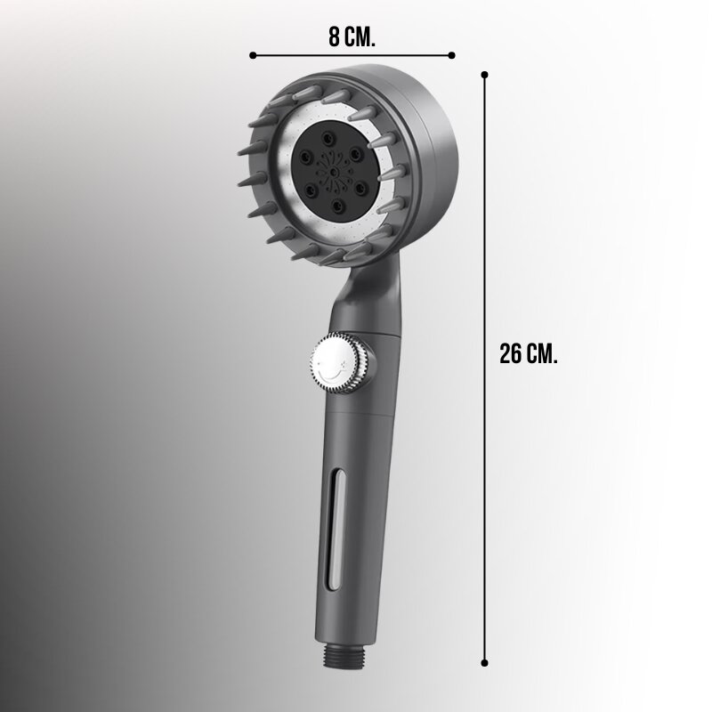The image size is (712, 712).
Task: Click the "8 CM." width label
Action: [x=352, y=36]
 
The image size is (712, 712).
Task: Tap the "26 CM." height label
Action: [x=528, y=353]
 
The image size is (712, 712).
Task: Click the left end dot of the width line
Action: [x=253, y=55]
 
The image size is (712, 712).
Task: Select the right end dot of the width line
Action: [x=451, y=55]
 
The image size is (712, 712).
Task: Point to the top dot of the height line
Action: [x=484, y=75]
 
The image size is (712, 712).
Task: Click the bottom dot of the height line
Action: [x=484, y=663]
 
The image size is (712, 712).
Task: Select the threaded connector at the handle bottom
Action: [x=346, y=655]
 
